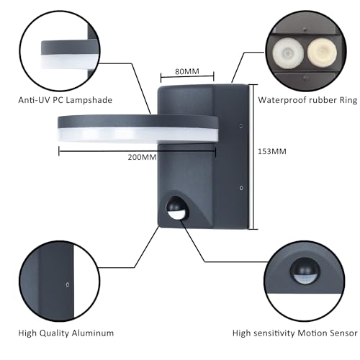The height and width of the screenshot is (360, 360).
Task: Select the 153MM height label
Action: pos(271,152)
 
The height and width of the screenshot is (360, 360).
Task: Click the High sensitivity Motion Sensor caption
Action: pos(294,333)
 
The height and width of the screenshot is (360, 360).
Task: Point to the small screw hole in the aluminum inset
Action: pos(67,284)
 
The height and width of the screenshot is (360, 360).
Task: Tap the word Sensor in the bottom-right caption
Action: pos(341,333)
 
